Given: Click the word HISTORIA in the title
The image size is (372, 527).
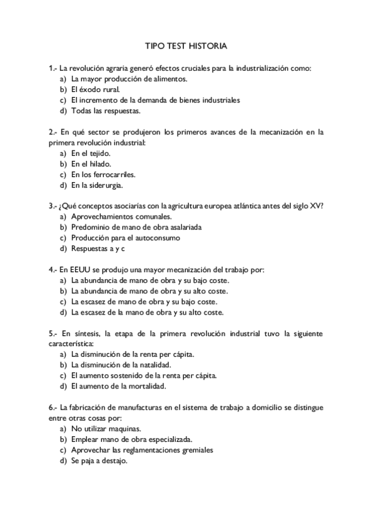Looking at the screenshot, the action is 207,46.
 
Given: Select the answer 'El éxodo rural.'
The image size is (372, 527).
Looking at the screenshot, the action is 95,89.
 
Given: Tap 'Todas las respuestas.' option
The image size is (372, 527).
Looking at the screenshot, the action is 106,111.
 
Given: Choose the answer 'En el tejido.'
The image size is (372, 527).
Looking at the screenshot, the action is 91,153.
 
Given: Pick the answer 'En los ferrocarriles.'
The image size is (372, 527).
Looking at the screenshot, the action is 103,175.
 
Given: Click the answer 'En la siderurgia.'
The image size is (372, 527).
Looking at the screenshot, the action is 97,185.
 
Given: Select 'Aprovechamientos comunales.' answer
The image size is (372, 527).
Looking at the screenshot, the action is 121,217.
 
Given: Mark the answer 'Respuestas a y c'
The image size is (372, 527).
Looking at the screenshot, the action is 98,249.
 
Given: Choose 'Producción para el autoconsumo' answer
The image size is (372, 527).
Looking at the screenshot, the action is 125,238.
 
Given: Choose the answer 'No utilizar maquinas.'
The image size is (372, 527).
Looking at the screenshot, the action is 106,429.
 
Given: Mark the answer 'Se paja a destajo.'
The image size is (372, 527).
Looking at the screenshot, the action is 99,461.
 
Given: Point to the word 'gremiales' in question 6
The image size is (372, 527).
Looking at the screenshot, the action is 196,450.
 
